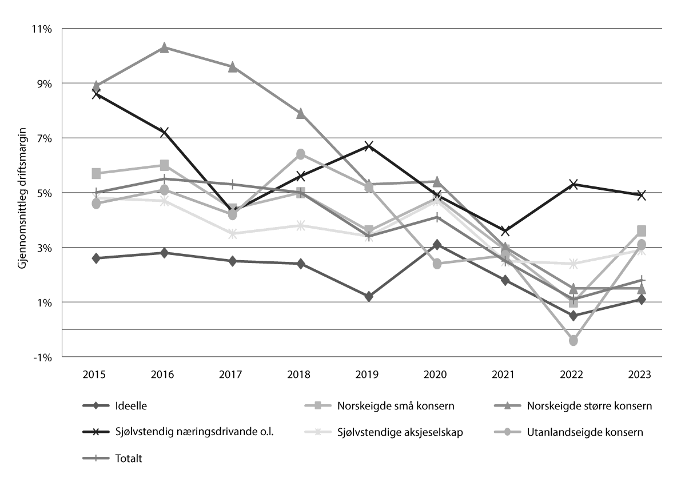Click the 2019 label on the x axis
368,375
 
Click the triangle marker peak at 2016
164,47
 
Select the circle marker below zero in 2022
574,340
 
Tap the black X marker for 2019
369,146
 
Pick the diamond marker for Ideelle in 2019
369,297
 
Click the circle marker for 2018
300,154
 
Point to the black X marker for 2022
574,184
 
